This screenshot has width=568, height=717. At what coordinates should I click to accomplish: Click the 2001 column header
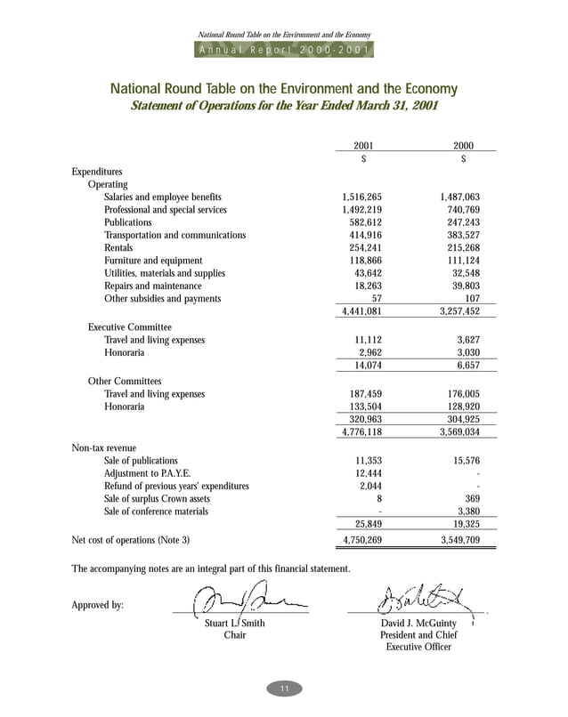[x=362, y=145]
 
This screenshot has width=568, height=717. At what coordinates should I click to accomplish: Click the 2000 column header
[x=463, y=145]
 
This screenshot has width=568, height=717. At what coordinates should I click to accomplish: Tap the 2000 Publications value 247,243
[x=460, y=222]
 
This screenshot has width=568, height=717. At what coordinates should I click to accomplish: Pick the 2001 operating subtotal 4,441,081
[x=361, y=312]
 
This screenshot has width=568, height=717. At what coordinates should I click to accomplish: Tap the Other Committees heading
[x=125, y=381]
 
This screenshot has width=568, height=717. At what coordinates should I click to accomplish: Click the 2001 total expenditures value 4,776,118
[x=361, y=432]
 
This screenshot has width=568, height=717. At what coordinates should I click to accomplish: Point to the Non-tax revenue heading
[x=104, y=447]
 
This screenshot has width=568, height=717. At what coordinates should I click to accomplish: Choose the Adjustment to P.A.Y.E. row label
[x=147, y=473]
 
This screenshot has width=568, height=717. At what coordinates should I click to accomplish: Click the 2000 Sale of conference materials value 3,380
[x=468, y=512]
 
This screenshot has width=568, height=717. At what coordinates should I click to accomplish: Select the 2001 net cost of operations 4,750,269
[x=361, y=540]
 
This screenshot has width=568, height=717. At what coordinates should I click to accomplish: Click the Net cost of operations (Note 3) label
[x=130, y=540]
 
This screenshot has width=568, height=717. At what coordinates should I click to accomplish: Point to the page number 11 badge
[x=284, y=689]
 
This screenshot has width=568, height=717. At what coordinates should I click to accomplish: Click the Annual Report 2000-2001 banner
[x=284, y=51]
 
